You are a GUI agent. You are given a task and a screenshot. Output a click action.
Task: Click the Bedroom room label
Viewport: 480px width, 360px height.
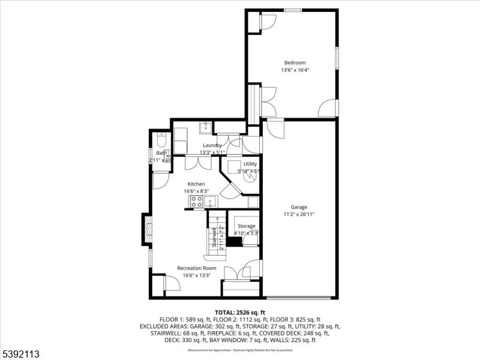click(x=295, y=62)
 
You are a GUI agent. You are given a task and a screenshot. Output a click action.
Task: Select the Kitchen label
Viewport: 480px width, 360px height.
click(x=196, y=184)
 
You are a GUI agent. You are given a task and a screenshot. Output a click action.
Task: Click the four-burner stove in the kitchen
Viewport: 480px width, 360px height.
click(x=196, y=202)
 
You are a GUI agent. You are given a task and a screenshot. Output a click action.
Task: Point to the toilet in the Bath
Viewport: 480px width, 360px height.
click(x=160, y=142)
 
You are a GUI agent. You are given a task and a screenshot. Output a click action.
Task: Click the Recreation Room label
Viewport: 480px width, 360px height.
click(x=196, y=268)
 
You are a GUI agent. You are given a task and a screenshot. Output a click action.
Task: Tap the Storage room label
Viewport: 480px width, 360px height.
click(x=246, y=226)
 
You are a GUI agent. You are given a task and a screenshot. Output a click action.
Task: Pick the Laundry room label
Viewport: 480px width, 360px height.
click(x=212, y=145)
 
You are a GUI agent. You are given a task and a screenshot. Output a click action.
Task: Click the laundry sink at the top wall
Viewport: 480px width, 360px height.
click(x=205, y=126)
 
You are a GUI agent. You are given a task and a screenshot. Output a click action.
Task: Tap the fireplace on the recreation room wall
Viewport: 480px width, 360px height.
click(x=146, y=229)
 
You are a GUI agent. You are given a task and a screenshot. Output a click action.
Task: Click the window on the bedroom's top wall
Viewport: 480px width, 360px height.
click(x=293, y=10)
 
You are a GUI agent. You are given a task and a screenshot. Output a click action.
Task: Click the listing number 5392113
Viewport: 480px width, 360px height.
click(x=22, y=354)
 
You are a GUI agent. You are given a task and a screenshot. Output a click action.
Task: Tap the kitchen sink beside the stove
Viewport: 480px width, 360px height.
click(x=209, y=201)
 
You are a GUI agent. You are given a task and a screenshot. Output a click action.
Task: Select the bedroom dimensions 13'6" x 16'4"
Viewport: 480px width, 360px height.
click(x=295, y=70)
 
